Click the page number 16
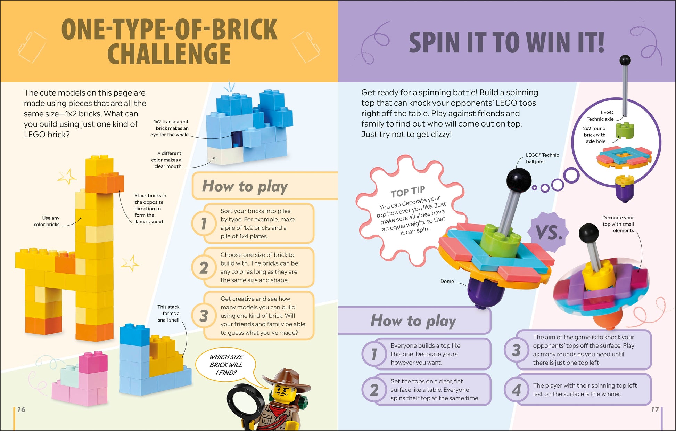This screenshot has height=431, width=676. (21, 409)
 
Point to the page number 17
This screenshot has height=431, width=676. (655, 409)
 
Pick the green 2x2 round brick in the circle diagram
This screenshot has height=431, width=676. (625, 131)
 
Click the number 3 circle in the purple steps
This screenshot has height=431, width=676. (516, 350)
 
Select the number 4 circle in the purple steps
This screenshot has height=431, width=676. (516, 390)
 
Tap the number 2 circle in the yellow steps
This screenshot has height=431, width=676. (204, 268)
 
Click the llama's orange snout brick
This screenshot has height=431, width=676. (105, 183)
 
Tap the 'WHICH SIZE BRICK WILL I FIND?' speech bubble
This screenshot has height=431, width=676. (226, 365)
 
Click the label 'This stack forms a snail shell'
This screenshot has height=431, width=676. (168, 314)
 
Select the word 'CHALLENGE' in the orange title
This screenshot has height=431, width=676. (169, 54)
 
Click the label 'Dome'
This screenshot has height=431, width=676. (447, 281)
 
